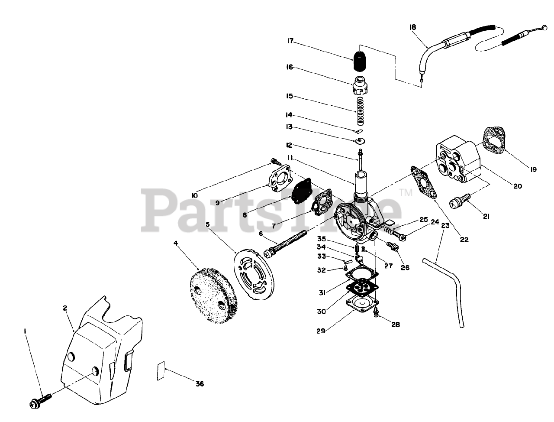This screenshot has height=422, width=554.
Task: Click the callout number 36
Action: pyautogui.click(x=199, y=384)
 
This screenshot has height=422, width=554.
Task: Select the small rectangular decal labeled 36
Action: pyautogui.click(x=161, y=371)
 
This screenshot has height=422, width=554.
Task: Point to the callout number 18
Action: pyautogui.click(x=412, y=27)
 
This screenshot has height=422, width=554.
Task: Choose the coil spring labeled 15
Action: pyautogui.click(x=359, y=110)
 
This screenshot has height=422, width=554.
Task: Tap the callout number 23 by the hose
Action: pyautogui.click(x=445, y=225)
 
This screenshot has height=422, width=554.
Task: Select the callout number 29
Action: pyautogui.click(x=321, y=332)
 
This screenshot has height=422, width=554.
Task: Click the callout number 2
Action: pyautogui.click(x=64, y=308)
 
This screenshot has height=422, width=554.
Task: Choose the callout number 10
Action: pyautogui.click(x=195, y=196)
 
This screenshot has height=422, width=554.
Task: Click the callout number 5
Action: pyautogui.click(x=207, y=224)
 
